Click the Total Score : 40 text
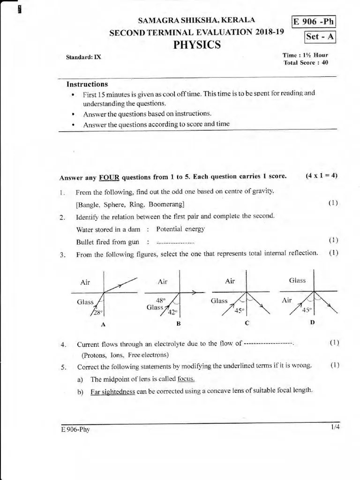pyautogui.click(x=306, y=62)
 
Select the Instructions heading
pyautogui.click(x=87, y=84)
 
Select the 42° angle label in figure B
pyautogui.click(x=172, y=313)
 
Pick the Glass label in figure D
pyautogui.click(x=297, y=280)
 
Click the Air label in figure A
pyautogui.click(x=85, y=282)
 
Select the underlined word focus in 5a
pyautogui.click(x=186, y=379)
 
